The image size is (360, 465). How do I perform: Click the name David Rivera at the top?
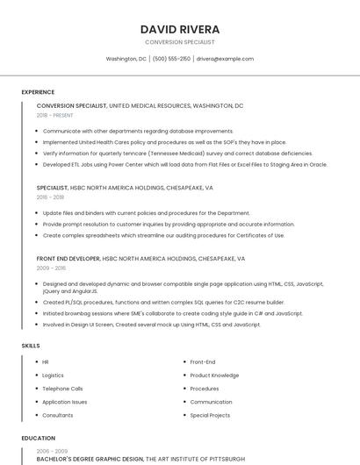pyautogui.click(x=179, y=29)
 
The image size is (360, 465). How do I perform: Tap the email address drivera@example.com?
pyautogui.click(x=225, y=59)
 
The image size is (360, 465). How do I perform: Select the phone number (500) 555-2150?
pyautogui.click(x=171, y=59)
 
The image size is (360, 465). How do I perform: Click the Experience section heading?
pyautogui.click(x=38, y=92)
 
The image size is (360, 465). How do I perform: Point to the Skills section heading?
pyautogui.click(x=31, y=346)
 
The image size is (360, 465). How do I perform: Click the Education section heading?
pyautogui.click(x=38, y=438)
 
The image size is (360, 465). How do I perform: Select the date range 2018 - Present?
pyautogui.click(x=54, y=115)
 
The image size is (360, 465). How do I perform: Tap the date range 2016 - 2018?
pyautogui.click(x=50, y=197)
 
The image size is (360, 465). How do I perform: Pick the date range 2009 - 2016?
pyautogui.click(x=50, y=268)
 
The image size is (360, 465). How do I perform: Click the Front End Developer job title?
pyautogui.click(x=68, y=259)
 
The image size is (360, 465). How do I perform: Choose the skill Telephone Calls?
pyautogui.click(x=62, y=388)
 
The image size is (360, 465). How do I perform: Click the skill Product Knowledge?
pyautogui.click(x=213, y=375)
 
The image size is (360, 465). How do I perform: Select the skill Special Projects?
pyautogui.click(x=210, y=415)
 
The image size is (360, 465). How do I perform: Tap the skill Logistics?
pyautogui.click(x=53, y=375)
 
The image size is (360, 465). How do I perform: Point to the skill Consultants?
pyautogui.click(x=58, y=415)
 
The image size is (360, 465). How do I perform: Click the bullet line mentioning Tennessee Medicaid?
pyautogui.click(x=176, y=153)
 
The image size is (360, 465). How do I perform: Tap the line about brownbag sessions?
pyautogui.click(x=172, y=313)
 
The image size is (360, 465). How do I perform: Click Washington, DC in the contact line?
pyautogui.click(x=126, y=59)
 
